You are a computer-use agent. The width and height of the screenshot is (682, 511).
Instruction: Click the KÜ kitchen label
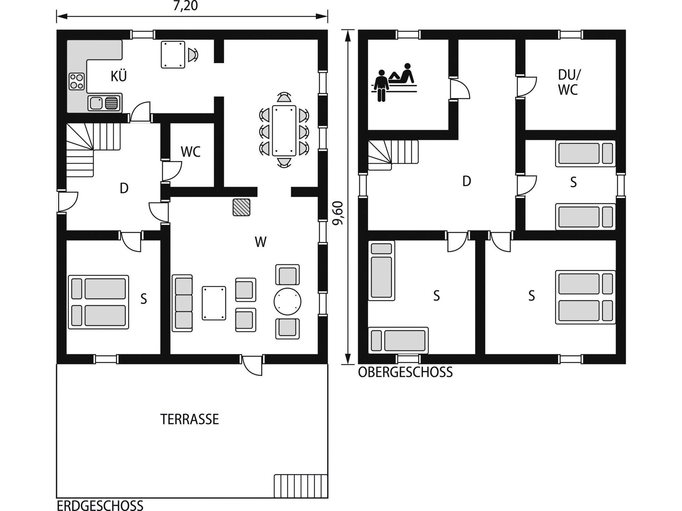pos(119,76)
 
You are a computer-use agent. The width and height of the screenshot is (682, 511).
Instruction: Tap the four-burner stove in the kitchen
pos(77,81)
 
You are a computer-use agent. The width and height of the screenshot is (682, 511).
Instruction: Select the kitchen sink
pos(104,103)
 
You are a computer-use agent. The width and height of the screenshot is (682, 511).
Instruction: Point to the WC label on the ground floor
pos(191,152)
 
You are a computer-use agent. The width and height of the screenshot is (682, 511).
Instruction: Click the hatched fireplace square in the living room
pos(242,207)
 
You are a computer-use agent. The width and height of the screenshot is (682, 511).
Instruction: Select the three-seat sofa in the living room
pos(183,303)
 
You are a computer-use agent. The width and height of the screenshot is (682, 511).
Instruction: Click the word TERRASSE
pos(190,419)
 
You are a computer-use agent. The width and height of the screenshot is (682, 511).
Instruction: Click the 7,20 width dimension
pos(185,6)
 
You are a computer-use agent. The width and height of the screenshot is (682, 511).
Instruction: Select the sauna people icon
pos(395,82)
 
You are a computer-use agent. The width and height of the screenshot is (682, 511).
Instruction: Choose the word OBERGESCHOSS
pos(405,372)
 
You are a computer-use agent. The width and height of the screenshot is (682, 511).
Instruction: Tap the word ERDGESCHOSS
pos(100,505)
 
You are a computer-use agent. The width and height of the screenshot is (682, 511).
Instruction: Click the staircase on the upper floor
pos(393,155)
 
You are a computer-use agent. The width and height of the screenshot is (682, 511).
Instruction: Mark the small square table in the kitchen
pos(173,54)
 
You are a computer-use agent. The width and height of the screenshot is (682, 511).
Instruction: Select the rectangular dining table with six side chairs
pos(284,130)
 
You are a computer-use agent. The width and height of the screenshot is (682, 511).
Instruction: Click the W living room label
pos(261,242)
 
